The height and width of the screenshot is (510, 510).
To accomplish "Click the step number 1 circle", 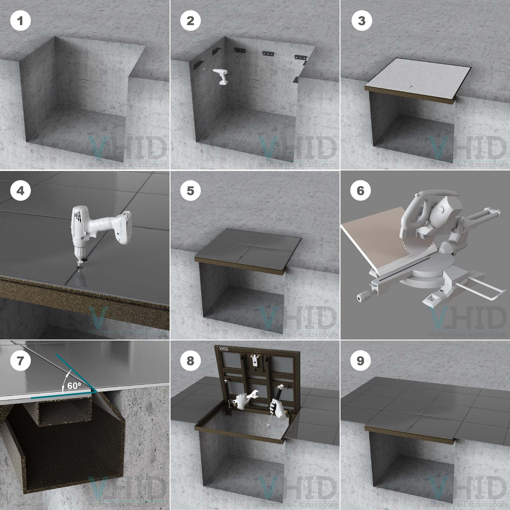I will pyautogui.click(x=20, y=21).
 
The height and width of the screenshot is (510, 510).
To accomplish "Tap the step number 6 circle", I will pyautogui.click(x=360, y=191).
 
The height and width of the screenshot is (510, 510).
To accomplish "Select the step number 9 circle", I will pyautogui.click(x=360, y=361).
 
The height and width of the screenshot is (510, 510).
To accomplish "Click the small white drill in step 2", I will pyautogui.click(x=221, y=76).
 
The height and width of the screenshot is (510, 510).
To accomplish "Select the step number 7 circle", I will pyautogui.click(x=20, y=361).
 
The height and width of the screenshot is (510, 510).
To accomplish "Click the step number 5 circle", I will pyautogui.click(x=190, y=191).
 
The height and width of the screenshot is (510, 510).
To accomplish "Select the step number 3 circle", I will pyautogui.click(x=362, y=21).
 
